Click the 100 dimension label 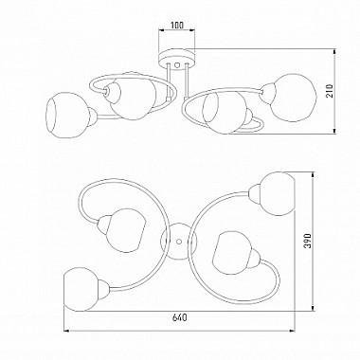[176, 25]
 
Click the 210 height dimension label [330, 91]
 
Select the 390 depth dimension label [308, 241]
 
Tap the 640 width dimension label [180, 317]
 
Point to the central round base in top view [179, 241]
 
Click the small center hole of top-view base [179, 242]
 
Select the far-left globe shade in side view [67, 115]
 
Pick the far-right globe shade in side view [293, 97]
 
